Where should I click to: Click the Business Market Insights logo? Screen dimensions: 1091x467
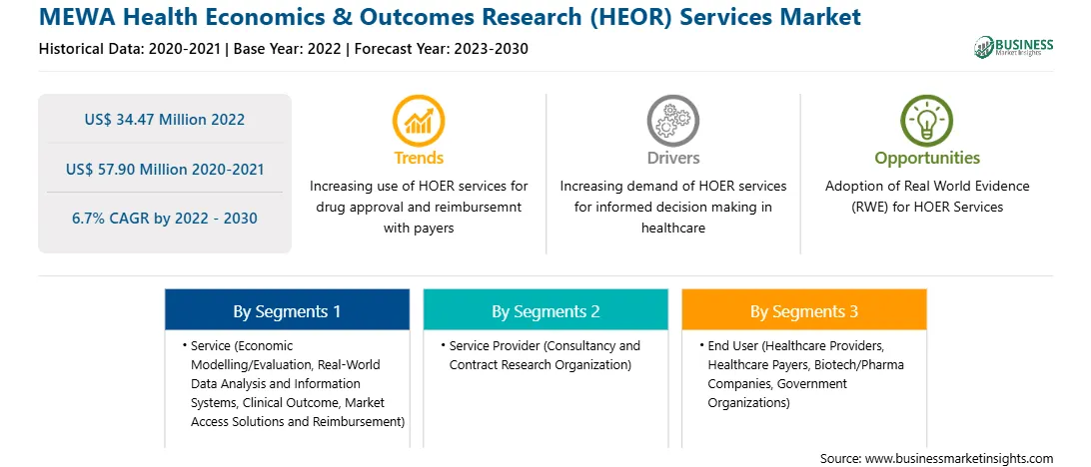[x=1013, y=47]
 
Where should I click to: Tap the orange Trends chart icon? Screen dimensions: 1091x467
[x=419, y=120]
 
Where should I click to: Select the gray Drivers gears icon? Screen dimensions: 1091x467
[x=672, y=120]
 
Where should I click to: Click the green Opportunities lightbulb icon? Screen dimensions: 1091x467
[x=927, y=120]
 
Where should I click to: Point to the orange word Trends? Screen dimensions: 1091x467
[x=419, y=158]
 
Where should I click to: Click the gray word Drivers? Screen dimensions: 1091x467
[x=672, y=158]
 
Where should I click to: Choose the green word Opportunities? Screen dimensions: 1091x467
[x=927, y=159]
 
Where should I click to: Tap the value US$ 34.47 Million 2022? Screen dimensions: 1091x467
[x=165, y=120]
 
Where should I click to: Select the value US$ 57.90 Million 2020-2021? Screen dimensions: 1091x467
[x=165, y=169]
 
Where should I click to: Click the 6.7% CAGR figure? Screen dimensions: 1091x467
[x=165, y=219]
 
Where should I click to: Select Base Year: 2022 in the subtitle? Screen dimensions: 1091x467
[x=288, y=49]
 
